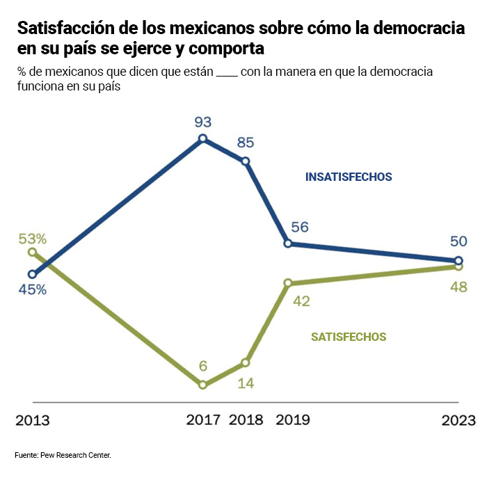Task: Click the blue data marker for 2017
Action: coord(202,138)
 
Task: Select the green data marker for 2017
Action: coord(202,384)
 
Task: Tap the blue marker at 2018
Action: coord(246,161)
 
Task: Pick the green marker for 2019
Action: coord(288,283)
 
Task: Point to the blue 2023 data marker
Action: coord(458,261)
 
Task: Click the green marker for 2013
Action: coord(32,252)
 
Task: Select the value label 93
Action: coord(202,122)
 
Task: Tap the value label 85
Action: coord(245,143)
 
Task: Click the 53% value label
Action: coord(33,239)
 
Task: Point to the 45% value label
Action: coord(33,289)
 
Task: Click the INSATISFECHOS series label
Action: coord(349,177)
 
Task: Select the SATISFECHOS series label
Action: coord(349,337)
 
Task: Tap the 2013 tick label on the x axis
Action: coord(32,420)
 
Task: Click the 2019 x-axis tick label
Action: coord(293,420)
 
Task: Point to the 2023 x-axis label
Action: coord(458,420)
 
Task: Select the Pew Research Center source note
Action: coord(63,455)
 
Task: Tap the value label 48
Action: coord(458,287)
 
